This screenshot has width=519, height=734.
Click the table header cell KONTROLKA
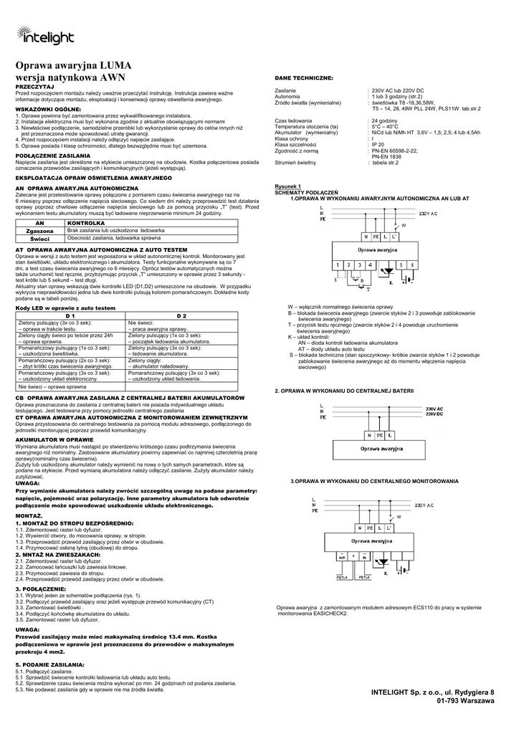coord(87,223)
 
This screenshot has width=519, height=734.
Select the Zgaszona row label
coord(40,231)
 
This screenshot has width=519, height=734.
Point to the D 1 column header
coord(70,315)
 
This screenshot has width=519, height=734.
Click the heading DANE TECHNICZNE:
coord(304,77)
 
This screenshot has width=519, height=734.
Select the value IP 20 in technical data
coord(378,145)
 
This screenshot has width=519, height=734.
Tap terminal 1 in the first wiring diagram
coord(337,264)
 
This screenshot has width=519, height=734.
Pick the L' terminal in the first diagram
coord(396,236)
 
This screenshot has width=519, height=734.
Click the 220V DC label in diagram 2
coord(434,434)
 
